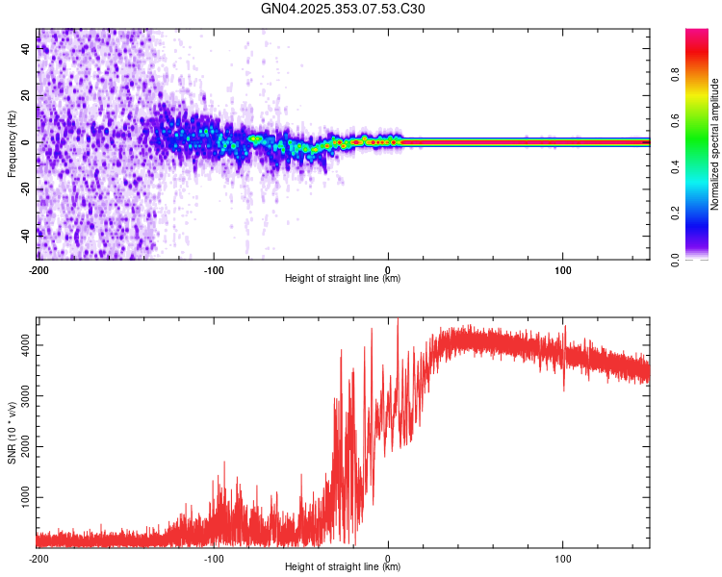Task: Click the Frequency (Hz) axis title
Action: pyautogui.click(x=12, y=143)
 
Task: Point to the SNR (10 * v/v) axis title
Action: pyautogui.click(x=12, y=432)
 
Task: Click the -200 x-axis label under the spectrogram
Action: pyautogui.click(x=39, y=269)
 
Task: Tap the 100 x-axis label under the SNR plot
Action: pyautogui.click(x=562, y=558)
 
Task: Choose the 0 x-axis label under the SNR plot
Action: pyautogui.click(x=388, y=558)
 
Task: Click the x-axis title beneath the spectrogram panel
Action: pyautogui.click(x=344, y=279)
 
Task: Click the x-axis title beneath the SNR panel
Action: pyautogui.click(x=344, y=567)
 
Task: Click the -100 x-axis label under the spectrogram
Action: pyautogui.click(x=214, y=269)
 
